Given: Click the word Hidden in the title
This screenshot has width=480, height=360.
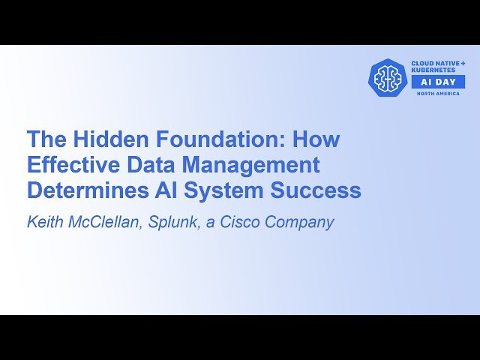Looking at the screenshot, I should [x=100, y=139].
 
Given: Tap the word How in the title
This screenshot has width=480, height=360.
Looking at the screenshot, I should [x=316, y=139].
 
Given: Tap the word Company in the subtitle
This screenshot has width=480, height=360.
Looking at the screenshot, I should [x=304, y=223].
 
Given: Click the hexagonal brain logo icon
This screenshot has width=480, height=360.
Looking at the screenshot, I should [x=388, y=77].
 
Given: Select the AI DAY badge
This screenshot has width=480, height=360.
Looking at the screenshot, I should [x=438, y=82].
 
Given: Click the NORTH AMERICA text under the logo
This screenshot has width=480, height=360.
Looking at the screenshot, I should [x=438, y=94].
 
